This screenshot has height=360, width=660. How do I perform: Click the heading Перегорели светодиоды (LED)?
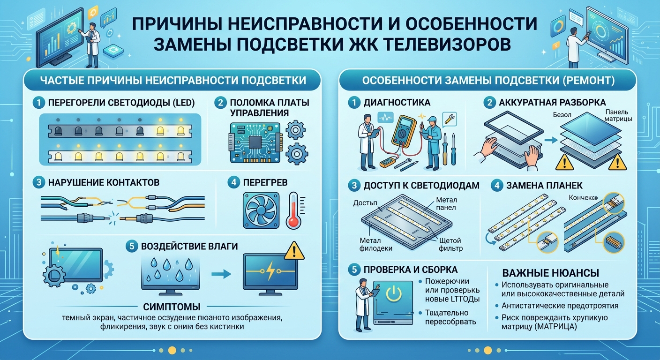(x=120, y=102)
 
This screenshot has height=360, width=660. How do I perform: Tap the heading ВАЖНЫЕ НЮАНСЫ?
(x=550, y=273)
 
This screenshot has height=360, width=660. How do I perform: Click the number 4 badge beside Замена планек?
(x=497, y=185)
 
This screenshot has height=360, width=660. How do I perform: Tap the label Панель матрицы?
(x=619, y=115)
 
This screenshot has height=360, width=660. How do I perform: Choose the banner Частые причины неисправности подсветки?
(x=172, y=80)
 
